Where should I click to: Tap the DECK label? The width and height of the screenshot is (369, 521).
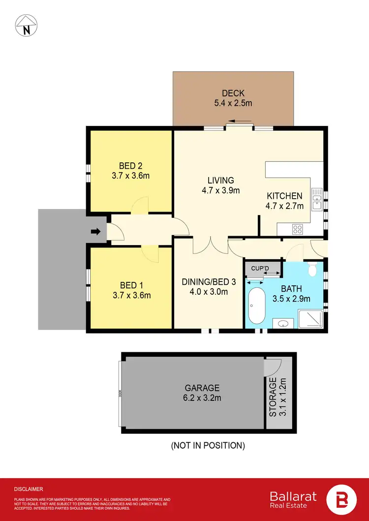pyautogui.click(x=233, y=93)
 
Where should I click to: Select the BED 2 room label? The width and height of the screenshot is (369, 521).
pyautogui.click(x=131, y=166)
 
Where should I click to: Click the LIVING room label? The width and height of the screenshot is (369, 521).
pyautogui.click(x=220, y=181)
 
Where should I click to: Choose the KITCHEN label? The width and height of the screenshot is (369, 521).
pyautogui.click(x=284, y=196)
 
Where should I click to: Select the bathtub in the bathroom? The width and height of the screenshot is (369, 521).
pyautogui.click(x=255, y=305)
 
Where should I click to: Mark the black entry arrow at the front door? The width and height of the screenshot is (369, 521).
pyautogui.click(x=96, y=231)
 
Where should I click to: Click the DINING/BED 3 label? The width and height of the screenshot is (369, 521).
pyautogui.click(x=205, y=282)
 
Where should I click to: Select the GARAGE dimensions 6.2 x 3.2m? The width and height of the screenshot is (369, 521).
pyautogui.click(x=202, y=398)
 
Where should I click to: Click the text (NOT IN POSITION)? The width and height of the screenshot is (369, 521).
pyautogui.click(x=208, y=446)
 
